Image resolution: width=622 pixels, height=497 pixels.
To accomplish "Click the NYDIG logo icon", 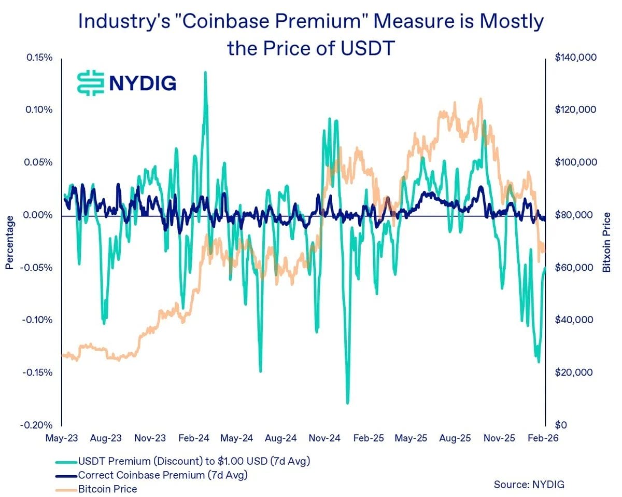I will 91,82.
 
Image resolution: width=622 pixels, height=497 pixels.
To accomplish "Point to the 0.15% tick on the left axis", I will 38,57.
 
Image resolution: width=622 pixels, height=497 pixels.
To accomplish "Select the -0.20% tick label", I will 37,425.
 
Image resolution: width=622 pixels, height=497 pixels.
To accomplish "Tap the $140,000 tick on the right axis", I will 576,57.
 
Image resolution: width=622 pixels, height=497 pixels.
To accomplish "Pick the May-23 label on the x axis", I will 62,438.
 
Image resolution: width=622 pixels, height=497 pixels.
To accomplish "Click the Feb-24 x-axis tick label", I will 195,438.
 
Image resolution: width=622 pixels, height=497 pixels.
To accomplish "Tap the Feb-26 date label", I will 544,438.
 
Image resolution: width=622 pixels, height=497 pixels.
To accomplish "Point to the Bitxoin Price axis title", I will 606,242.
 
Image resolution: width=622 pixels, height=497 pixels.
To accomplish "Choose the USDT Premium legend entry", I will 194,461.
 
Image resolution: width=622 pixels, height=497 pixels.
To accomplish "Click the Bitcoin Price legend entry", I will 107,489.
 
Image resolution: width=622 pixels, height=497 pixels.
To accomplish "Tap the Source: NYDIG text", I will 529,485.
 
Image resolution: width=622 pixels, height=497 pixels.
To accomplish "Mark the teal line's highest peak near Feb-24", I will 206,72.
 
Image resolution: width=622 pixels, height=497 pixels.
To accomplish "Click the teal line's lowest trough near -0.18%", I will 347,403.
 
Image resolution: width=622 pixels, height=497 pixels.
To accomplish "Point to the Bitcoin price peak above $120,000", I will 480,99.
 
